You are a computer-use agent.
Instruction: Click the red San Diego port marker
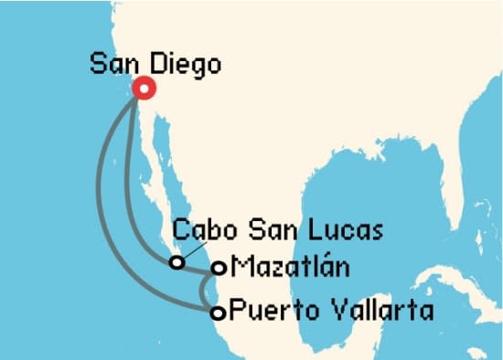(x=144, y=88)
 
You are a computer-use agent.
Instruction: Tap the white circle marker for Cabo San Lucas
(x=177, y=263)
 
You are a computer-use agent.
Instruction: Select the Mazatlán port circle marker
(x=219, y=269)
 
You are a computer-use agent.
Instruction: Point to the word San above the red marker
(x=111, y=65)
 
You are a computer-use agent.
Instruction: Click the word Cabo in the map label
(x=198, y=227)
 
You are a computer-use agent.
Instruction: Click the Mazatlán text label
(x=290, y=267)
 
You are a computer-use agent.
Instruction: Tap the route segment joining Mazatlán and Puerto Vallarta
(x=203, y=291)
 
